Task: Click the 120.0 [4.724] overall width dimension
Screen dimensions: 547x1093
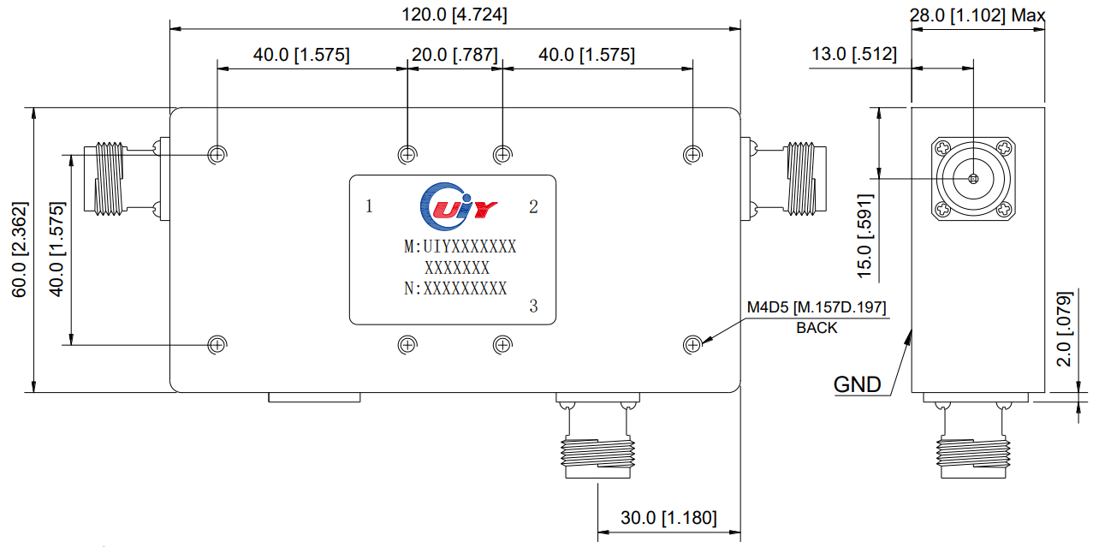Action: coord(454,15)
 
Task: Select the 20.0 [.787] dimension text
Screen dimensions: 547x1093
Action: coord(454,56)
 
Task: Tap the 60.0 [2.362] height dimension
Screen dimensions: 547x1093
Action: coord(19,250)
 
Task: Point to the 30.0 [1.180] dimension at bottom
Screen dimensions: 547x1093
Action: coord(668,518)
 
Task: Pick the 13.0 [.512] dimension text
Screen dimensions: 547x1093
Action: coord(853,55)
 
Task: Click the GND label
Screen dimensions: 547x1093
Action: coord(857,384)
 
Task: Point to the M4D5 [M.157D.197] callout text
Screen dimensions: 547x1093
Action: coord(817,307)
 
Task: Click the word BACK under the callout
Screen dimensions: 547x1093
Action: coord(817,327)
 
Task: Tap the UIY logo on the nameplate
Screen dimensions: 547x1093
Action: coord(458,206)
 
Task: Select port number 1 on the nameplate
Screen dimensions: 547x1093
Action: coord(369,206)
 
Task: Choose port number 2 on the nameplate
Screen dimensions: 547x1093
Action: coord(533,206)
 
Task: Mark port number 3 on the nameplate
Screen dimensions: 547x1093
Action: coord(533,306)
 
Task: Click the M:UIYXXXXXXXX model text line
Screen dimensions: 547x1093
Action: coord(460,247)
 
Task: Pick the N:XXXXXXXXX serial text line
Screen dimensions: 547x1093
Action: coord(455,288)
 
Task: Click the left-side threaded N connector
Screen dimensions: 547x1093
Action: coord(111,177)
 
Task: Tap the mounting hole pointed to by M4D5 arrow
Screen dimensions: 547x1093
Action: coord(692,344)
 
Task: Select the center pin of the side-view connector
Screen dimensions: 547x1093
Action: coord(973,179)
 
